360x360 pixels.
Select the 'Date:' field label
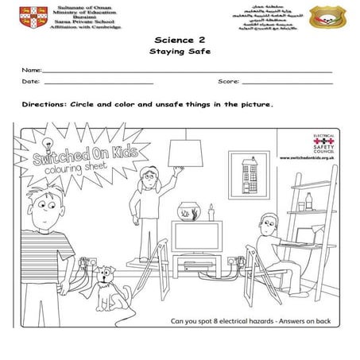pyautogui.click(x=31, y=82)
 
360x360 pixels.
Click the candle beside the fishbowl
pyautogui.click(x=211, y=213)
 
